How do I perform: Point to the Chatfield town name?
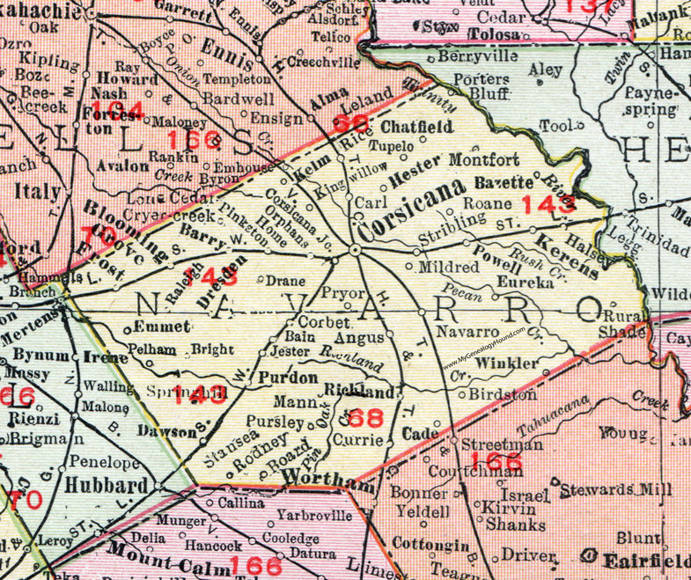coord(416,127)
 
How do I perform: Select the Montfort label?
coord(485,160)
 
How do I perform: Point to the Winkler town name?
coord(505,363)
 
